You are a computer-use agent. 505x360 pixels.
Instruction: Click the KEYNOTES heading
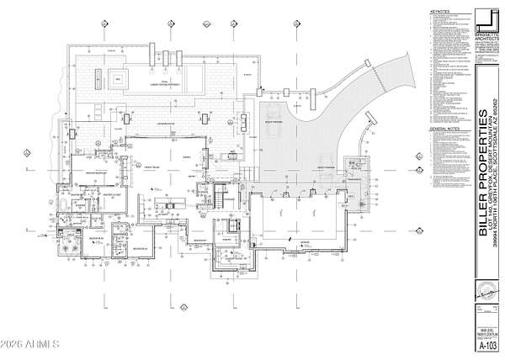pos(439,12)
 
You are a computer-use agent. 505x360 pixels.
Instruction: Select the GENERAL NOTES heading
pos(443,130)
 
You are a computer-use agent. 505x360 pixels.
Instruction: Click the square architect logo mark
pos(486,19)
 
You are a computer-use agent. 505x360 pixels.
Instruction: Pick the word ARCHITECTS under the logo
pos(486,38)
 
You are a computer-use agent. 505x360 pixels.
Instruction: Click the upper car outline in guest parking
pos(274,114)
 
